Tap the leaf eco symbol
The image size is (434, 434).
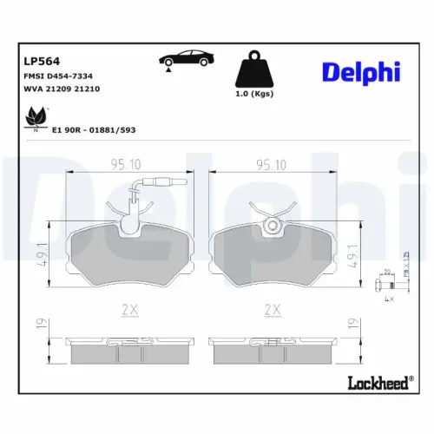click(x=36, y=116)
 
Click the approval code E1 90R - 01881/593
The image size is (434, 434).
click(x=94, y=128)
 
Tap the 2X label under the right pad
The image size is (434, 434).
click(x=273, y=309)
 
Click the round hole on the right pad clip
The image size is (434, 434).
click(x=273, y=227)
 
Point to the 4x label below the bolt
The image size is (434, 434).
click(x=388, y=299)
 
